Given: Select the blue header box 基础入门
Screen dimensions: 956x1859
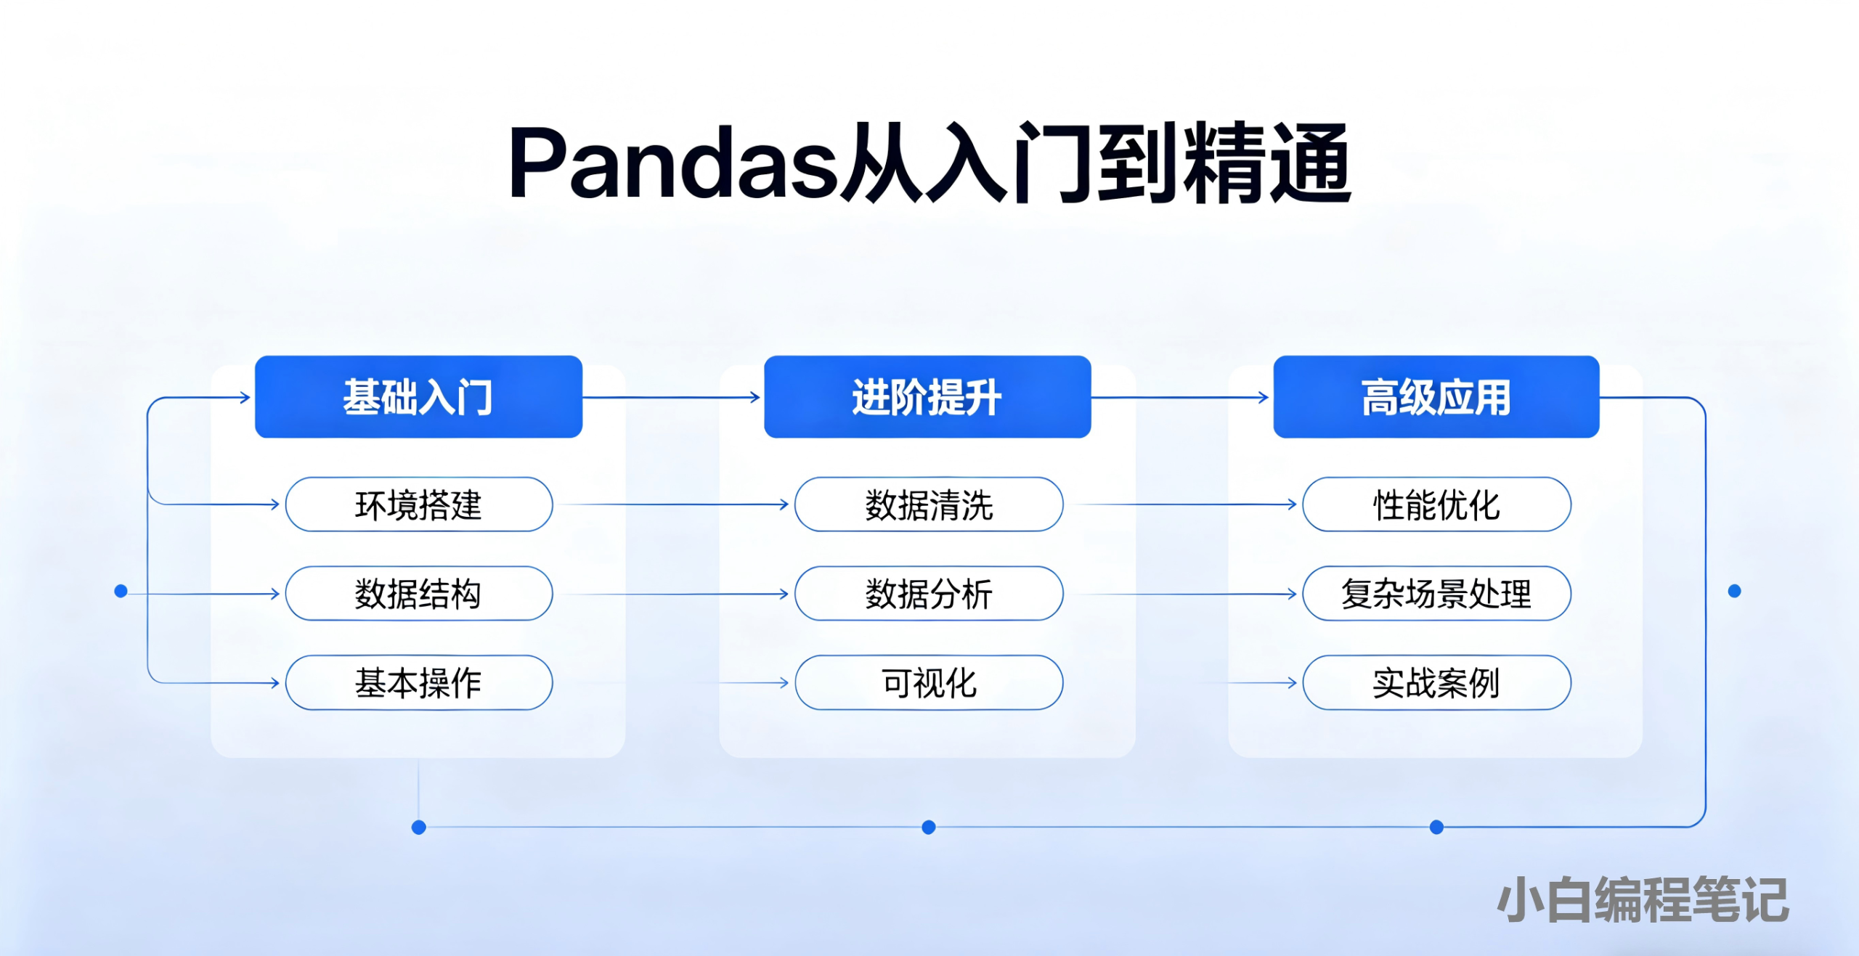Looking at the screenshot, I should [x=418, y=397].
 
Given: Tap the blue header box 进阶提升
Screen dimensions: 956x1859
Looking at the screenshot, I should [x=927, y=397].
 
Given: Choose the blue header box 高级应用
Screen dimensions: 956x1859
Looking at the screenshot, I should [x=1436, y=397].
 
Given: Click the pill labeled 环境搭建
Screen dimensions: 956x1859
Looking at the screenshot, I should [x=419, y=504].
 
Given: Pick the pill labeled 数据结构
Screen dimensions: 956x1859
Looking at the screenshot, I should [x=419, y=594].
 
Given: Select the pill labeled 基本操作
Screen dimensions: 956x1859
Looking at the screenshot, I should [x=419, y=683].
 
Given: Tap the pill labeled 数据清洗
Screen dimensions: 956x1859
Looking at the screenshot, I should [x=929, y=504].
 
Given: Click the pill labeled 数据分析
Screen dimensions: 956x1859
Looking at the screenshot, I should [x=929, y=594].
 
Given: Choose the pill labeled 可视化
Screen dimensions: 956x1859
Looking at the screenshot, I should [x=929, y=683].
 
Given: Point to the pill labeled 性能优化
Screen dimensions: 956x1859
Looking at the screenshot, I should [x=1436, y=504].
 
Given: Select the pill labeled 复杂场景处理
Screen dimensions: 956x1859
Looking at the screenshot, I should [x=1436, y=594].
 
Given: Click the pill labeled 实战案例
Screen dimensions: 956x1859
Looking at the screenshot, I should [x=1436, y=683].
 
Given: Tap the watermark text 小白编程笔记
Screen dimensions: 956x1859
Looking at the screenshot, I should [x=1643, y=900].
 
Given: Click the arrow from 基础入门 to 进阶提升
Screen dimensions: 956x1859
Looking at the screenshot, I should [x=672, y=397].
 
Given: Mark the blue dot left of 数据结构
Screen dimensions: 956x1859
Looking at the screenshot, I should [x=121, y=592].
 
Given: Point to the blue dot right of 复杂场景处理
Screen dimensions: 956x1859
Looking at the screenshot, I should [x=1734, y=592].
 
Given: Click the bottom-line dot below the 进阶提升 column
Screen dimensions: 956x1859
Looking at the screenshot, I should [x=928, y=828].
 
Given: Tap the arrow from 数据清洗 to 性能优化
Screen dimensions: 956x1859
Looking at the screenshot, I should [x=1184, y=504].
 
